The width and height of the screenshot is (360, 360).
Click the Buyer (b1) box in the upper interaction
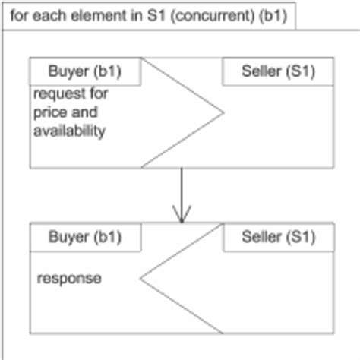tap(85, 71)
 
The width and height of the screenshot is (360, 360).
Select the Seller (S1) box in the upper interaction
tap(277, 71)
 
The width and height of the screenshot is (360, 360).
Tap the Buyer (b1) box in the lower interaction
tap(85, 237)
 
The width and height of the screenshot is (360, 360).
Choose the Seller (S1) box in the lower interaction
tap(277, 237)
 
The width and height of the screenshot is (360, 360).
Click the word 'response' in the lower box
tap(69, 279)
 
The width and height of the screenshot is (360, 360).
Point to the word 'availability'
tap(68, 131)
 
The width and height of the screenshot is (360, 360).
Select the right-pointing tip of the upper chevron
tap(223, 113)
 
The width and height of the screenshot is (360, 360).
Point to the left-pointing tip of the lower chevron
tap(141, 277)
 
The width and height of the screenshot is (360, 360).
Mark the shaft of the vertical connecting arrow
tap(181, 190)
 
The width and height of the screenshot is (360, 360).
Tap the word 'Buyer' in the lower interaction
tap(68, 237)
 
